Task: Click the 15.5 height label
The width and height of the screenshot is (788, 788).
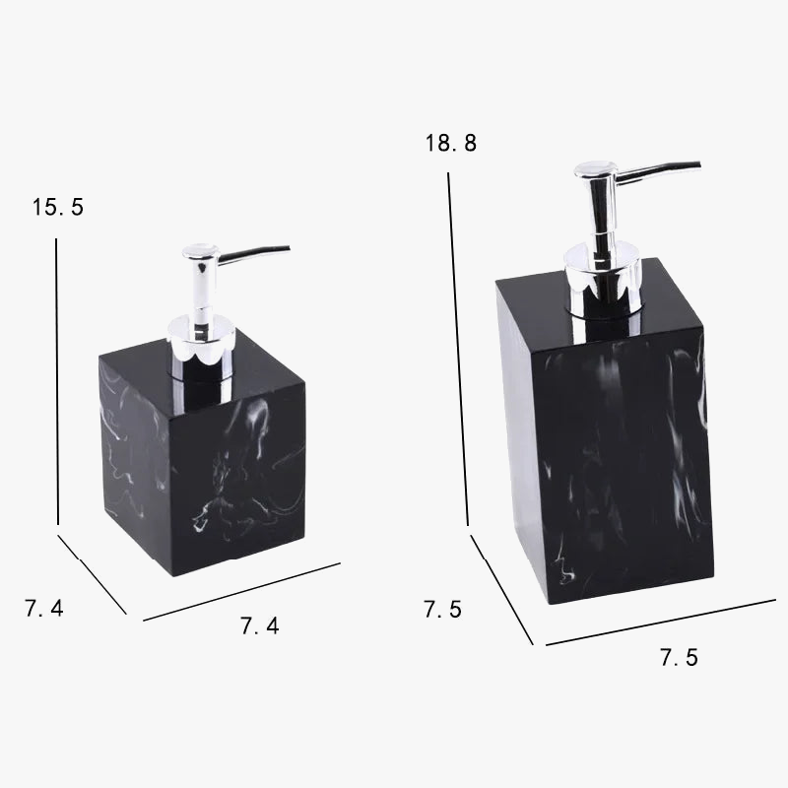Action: click(x=58, y=208)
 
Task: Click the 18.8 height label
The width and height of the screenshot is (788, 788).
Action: click(x=451, y=144)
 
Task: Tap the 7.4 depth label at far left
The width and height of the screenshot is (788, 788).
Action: click(x=44, y=610)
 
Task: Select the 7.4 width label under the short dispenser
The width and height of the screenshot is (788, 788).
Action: click(x=260, y=625)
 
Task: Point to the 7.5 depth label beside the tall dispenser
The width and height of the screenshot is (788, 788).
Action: click(x=443, y=610)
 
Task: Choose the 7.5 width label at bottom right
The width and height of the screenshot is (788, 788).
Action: click(x=679, y=658)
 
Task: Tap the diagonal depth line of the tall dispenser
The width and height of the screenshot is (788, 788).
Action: click(x=501, y=589)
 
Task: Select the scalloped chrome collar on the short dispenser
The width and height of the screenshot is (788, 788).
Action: click(x=203, y=340)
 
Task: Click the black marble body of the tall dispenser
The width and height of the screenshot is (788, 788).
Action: click(x=611, y=453)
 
